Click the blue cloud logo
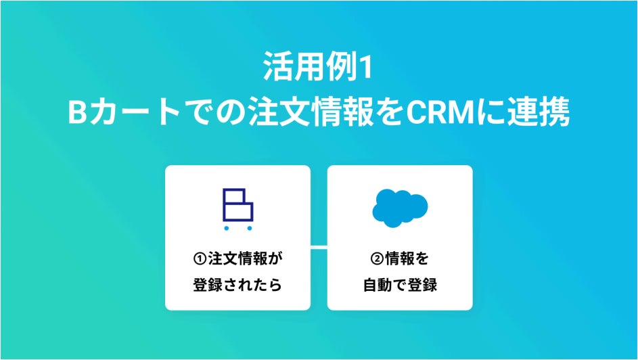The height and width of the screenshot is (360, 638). coord(399,207)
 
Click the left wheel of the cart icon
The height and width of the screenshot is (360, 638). coord(227,228)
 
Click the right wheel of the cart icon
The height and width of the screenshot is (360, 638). coord(248,228)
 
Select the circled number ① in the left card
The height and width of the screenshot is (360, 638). coord(200,259)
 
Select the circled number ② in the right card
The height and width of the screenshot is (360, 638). coord(377,259)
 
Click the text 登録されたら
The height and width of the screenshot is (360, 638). coord(237,285)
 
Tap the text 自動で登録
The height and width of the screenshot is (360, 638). coord(399,285)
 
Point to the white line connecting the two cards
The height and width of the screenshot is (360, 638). coord(319,247)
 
